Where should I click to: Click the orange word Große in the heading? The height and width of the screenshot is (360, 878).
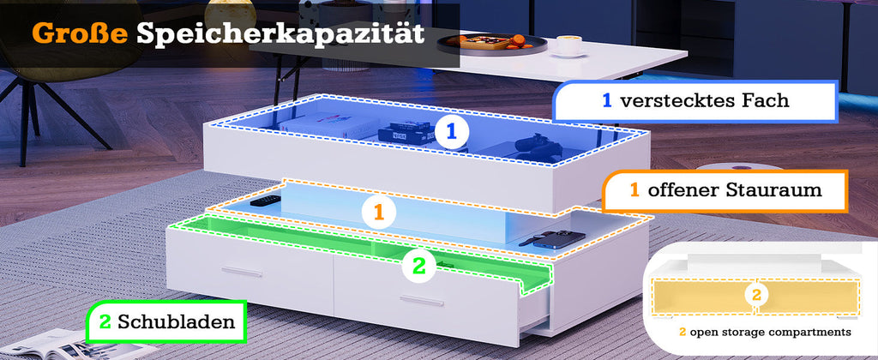tap(80, 33)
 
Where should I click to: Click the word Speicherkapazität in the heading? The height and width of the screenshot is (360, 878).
tap(280, 34)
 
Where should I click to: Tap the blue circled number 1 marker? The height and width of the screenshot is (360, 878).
tap(451, 132)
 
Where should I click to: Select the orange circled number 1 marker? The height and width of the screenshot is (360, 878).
tap(378, 213)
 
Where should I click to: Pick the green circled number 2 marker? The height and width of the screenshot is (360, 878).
tap(418, 266)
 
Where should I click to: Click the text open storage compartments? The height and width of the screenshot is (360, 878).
tap(770, 333)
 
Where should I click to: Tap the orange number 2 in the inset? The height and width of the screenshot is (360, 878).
tap(756, 295)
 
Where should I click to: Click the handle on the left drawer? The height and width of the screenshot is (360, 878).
tap(242, 272)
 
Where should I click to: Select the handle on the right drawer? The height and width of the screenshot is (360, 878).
tap(421, 301)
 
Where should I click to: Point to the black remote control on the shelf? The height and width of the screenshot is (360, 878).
tap(266, 200)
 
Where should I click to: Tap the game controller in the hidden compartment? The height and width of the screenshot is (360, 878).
tap(537, 146)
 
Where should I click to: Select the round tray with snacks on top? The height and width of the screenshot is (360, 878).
tap(491, 44)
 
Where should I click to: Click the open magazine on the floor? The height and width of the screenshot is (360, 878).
tap(67, 345)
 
